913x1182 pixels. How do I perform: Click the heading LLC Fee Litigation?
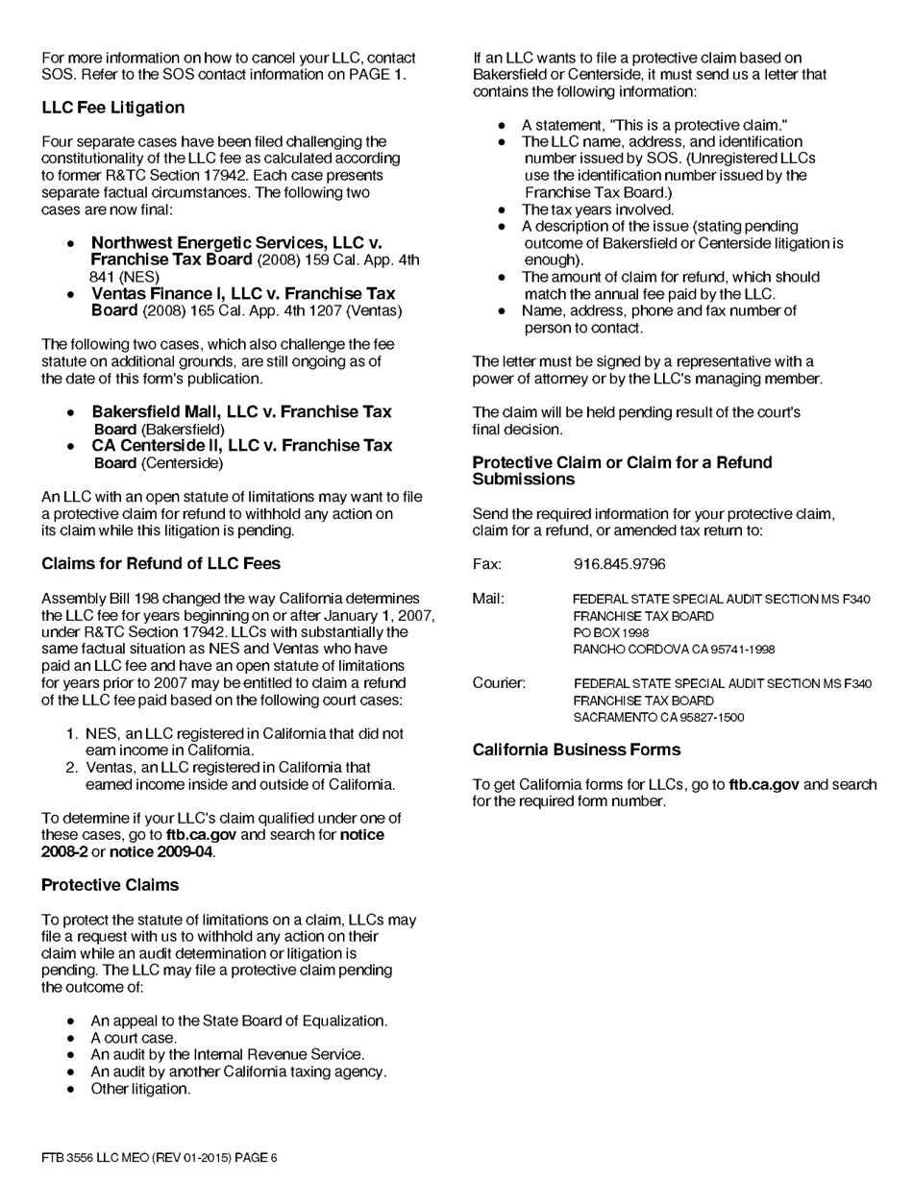click(x=112, y=108)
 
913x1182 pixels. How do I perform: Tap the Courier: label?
click(x=499, y=683)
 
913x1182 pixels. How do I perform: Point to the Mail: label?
click(x=488, y=599)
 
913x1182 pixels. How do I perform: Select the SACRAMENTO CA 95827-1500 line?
click(x=658, y=718)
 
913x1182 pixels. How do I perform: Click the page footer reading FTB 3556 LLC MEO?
click(x=159, y=1158)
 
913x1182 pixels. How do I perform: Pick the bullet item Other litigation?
click(x=140, y=1089)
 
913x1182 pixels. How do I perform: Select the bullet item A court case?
click(x=134, y=1038)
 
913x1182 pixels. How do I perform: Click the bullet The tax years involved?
click(x=597, y=209)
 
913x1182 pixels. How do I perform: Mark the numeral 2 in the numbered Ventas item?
click(x=71, y=768)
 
